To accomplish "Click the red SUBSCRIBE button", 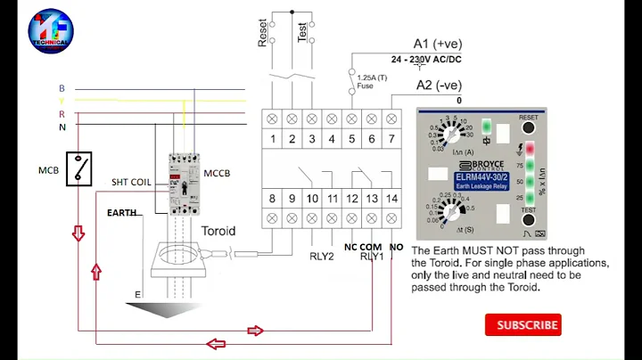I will pos(528,325).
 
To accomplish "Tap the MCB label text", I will pos(48,169).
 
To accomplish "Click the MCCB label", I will pos(216,173).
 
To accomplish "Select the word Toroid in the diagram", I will pos(218,231).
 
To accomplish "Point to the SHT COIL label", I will pos(131,182).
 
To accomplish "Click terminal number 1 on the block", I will pos(271,138).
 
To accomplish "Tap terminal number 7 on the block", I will pos(391,138).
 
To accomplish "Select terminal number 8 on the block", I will pos(271,198).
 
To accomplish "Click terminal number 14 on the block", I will pos(391,198).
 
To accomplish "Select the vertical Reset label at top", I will pos(263,34).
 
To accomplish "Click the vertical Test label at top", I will pos(302,34).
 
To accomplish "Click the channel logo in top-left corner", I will pos(51,30).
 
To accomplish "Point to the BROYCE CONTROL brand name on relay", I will pos(481,166).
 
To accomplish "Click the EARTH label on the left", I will pos(122,213).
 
